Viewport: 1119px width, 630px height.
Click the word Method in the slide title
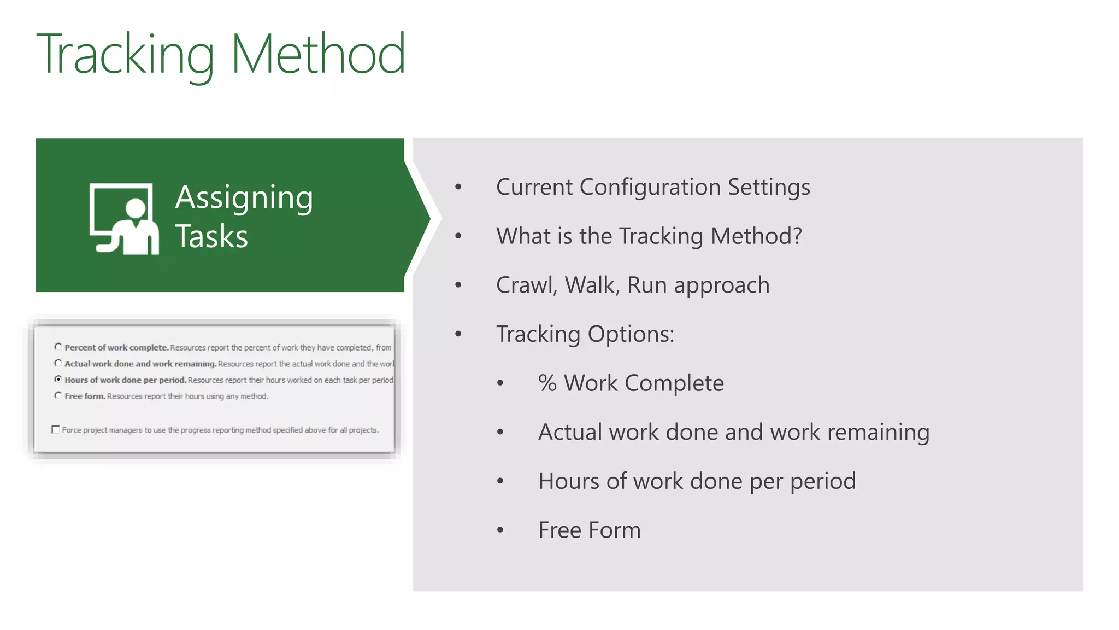[x=318, y=55]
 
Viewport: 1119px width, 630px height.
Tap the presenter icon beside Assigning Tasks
[x=124, y=219]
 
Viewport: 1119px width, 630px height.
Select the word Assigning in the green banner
[x=244, y=198]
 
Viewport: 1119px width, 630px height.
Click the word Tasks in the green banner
[x=211, y=236]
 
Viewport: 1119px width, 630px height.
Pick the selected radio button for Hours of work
[x=58, y=379]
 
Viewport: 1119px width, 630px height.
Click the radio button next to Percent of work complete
[x=58, y=347]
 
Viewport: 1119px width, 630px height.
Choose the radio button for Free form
[x=58, y=395]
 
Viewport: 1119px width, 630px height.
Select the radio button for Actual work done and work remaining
[x=58, y=363]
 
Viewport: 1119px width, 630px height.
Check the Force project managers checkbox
[x=56, y=430]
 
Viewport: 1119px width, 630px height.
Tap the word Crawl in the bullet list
[x=524, y=285]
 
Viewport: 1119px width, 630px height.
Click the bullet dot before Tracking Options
[x=458, y=334]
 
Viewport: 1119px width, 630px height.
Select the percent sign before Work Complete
[x=547, y=383]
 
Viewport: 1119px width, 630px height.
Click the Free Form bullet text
[x=589, y=530]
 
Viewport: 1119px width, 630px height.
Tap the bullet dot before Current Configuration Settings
[x=458, y=187]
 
